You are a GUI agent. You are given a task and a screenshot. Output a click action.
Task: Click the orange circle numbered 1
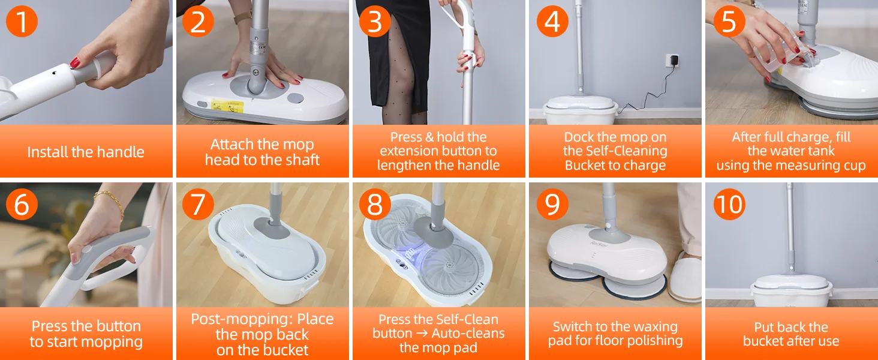[22, 21]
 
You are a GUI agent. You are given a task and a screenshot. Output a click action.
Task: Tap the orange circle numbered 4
[552, 21]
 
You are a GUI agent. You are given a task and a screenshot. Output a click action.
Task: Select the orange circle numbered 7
[198, 205]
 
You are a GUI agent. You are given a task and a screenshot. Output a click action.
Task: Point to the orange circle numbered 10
[729, 205]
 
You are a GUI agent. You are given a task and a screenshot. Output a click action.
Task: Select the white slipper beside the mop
[685, 278]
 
